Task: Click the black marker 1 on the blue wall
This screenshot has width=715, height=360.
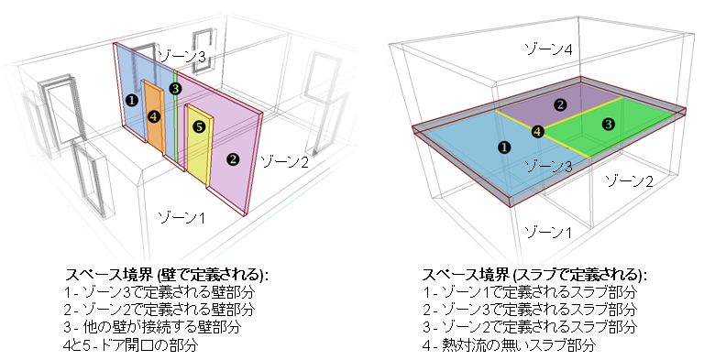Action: coord(132,100)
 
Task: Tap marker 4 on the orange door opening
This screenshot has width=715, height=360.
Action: coord(154,115)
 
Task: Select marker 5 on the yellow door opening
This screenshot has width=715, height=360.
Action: coord(199,128)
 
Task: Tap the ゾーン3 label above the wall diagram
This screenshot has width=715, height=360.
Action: coord(181,57)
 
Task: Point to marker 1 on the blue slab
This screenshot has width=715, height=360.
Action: coord(502,146)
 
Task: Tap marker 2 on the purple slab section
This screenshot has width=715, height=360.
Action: coord(560,104)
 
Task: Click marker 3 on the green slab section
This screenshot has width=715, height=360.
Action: coord(607,124)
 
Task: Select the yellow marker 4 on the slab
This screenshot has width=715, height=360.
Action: coord(538,131)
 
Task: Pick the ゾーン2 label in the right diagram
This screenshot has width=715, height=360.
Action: coord(632,181)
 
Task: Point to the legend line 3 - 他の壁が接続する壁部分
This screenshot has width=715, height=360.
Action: coord(151,327)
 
